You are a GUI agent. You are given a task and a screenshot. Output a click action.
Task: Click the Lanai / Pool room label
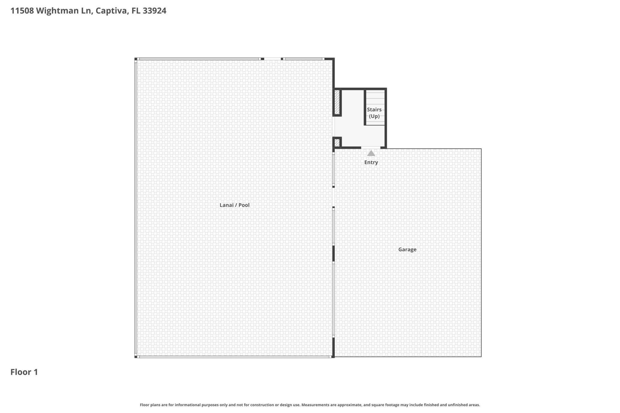(234, 205)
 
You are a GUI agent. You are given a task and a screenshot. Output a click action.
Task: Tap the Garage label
(407, 249)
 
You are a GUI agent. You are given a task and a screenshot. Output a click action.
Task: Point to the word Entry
(371, 162)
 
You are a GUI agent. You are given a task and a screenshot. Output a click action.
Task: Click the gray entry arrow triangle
(371, 153)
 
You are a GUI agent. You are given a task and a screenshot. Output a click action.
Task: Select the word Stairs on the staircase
(374, 110)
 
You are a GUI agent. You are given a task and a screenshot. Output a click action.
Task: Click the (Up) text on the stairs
(374, 116)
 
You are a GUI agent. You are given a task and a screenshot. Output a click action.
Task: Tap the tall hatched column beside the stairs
(337, 102)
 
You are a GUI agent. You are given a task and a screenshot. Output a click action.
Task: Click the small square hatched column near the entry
(337, 142)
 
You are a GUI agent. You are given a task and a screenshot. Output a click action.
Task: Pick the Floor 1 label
(24, 372)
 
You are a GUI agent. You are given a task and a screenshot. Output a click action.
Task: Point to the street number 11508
(22, 11)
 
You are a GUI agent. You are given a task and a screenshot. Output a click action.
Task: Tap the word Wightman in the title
(57, 11)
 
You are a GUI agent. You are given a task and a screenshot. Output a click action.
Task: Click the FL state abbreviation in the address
(136, 11)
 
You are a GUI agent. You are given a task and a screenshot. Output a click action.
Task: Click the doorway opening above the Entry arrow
(371, 148)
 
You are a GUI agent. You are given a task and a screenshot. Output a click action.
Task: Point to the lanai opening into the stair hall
(334, 127)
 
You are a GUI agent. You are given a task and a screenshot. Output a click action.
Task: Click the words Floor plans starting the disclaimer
(150, 405)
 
